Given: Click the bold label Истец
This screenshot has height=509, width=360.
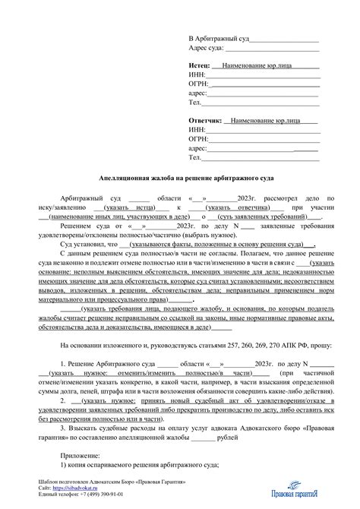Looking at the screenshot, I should click(x=200, y=65).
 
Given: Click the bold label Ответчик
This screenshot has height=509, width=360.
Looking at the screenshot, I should click(x=205, y=121).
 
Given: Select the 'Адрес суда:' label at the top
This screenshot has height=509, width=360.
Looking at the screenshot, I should click(x=207, y=47).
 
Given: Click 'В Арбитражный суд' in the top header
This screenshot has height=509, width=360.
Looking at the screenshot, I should click(x=219, y=38).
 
